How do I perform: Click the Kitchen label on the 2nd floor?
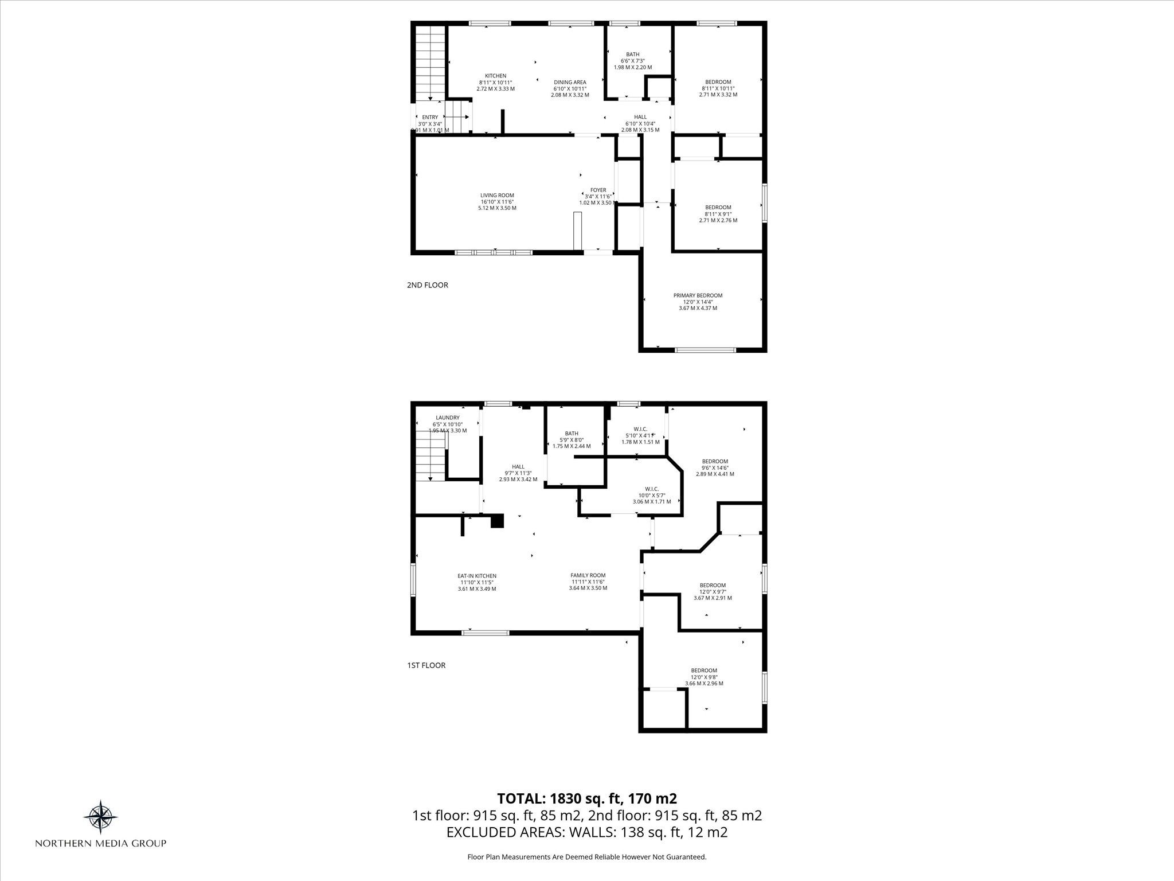496,76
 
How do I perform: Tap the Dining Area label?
570,82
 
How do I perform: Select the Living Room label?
497,195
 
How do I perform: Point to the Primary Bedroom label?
698,295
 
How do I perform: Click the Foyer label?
598,190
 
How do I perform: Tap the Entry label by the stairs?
430,117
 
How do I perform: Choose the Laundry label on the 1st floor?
448,418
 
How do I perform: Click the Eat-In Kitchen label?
477,576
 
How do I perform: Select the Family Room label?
588,575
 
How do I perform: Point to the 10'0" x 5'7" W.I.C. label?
652,489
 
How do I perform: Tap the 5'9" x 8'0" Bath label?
572,434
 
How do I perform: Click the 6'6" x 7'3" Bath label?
633,54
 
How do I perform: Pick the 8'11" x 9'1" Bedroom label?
718,207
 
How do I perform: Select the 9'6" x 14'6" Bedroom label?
715,461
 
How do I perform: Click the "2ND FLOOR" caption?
428,285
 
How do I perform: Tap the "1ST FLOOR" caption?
426,665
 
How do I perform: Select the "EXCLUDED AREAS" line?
587,832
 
